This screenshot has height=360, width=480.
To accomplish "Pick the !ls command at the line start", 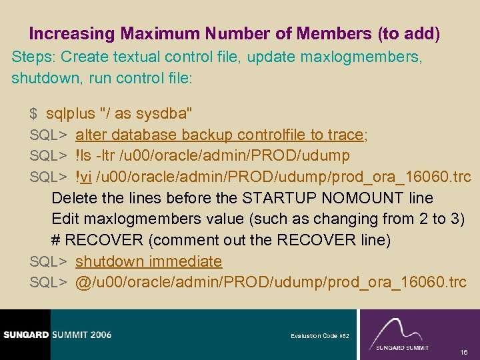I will pos(83,156).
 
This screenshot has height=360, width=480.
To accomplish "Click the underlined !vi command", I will pos(84,177).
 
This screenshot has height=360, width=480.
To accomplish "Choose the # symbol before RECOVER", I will pos(56,239).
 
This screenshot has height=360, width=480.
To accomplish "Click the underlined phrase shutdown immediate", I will pos(148,261).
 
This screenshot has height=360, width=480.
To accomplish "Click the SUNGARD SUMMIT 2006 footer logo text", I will pos(56,335).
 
